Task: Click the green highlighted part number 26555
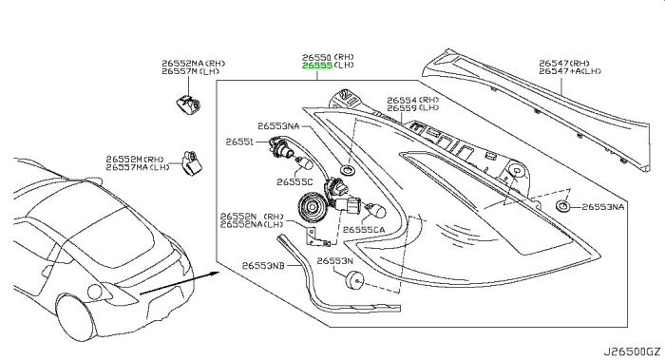point(317,66)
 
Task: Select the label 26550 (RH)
point(328,57)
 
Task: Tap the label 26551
point(239,142)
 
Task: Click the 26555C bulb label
point(294,182)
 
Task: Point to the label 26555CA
point(364,230)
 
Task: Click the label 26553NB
point(263,266)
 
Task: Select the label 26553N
point(334,261)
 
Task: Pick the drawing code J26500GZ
point(632,351)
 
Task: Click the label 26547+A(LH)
point(570,71)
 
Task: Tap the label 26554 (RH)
point(413,100)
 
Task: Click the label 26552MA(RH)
point(194,64)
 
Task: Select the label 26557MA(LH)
point(138,167)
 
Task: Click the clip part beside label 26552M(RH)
point(192,162)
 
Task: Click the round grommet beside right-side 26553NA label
point(562,206)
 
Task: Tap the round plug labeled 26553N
point(354,280)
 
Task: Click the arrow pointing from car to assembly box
point(179,283)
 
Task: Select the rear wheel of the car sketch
point(75,317)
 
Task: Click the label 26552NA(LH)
point(252,224)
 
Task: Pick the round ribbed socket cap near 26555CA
point(312,207)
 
